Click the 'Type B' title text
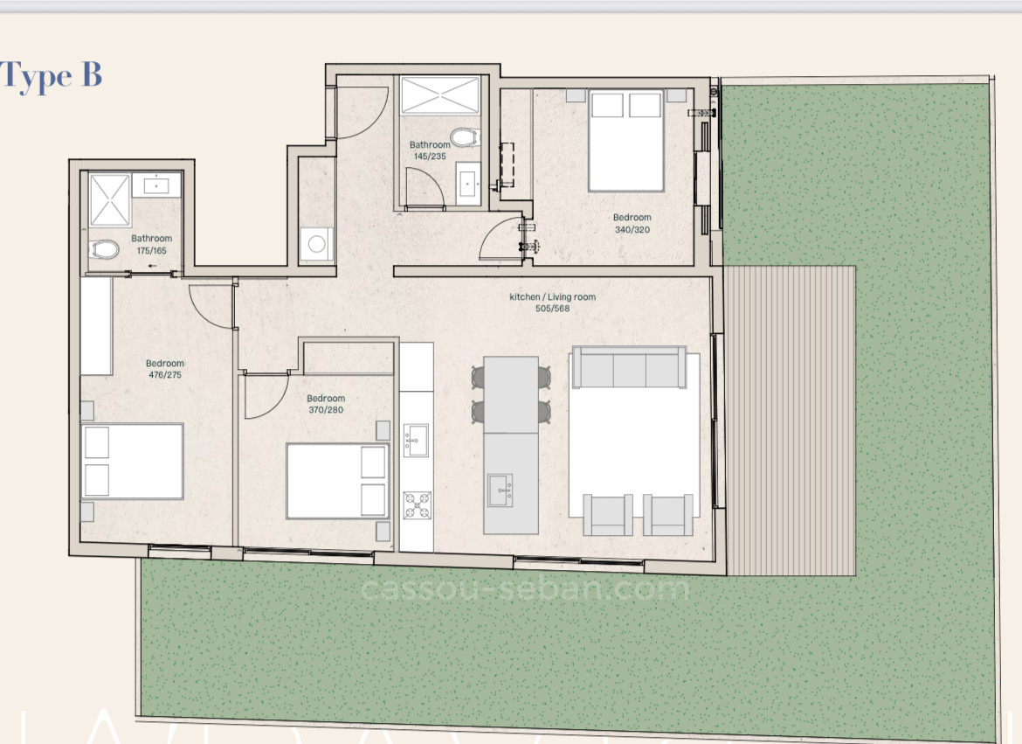[x=52, y=76]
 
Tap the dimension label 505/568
[x=552, y=308]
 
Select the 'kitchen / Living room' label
[x=552, y=297]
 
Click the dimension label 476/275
[x=164, y=375]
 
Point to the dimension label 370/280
[x=326, y=410]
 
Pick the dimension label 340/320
[x=632, y=230]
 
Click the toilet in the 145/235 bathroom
[x=464, y=137]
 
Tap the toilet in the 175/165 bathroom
[x=105, y=249]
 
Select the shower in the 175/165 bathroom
[x=110, y=200]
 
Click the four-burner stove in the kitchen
[x=417, y=505]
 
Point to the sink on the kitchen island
[x=501, y=489]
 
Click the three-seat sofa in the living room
[x=628, y=367]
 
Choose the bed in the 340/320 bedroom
[x=626, y=140]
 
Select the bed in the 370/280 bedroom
[x=337, y=481]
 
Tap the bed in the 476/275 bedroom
[x=132, y=461]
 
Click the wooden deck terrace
[x=791, y=421]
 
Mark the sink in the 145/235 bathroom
[x=468, y=184]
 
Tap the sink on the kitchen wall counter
[x=416, y=440]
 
